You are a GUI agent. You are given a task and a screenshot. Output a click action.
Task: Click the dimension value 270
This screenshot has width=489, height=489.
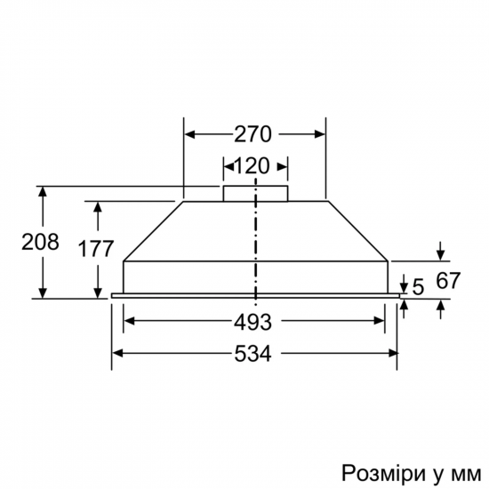pos(253,134)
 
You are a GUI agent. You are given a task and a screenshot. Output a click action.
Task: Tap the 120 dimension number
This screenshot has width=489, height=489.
pos(252,166)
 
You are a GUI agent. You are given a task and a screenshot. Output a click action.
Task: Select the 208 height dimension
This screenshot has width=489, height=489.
pos(40,242)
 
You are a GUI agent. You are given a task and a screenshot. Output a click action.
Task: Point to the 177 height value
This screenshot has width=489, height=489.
pos(96,249)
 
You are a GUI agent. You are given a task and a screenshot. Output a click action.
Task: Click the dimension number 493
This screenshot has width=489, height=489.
pos(253,322)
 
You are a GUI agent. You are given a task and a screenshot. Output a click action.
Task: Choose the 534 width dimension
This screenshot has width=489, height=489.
pos(253,354)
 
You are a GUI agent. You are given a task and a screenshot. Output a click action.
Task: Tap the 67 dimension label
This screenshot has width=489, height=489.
pos(448,280)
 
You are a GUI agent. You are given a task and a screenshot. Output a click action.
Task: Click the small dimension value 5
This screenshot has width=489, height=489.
pos(418,287)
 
